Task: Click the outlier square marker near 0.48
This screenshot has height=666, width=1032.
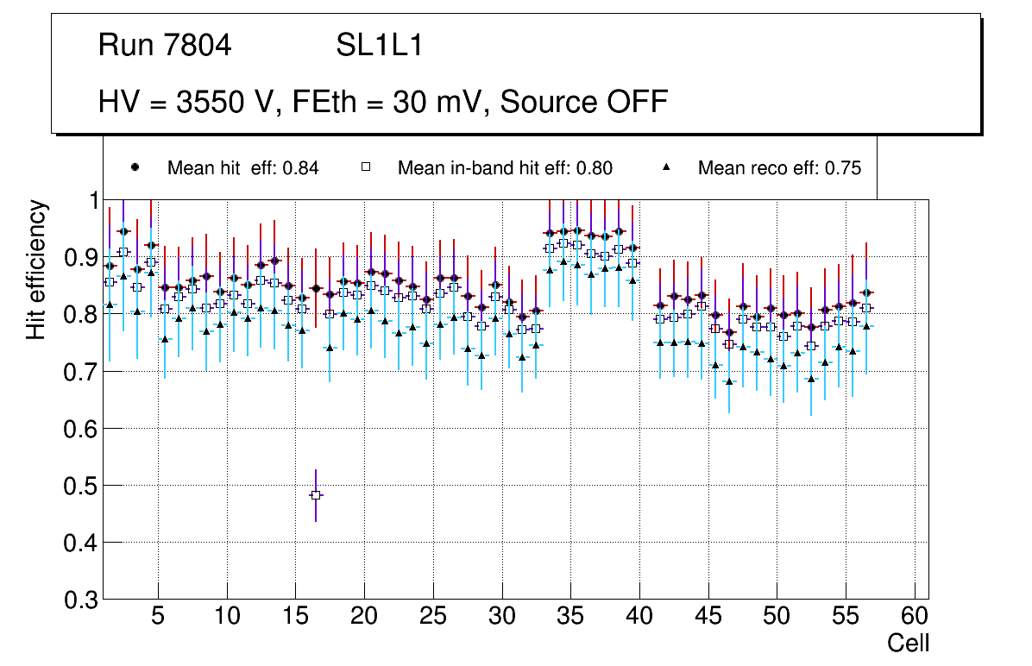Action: (x=316, y=495)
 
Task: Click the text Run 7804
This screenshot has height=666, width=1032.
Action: (x=165, y=46)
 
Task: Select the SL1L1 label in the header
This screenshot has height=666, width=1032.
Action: (x=379, y=46)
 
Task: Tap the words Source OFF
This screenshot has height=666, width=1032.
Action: (x=584, y=102)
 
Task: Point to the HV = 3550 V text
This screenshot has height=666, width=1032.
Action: (x=185, y=102)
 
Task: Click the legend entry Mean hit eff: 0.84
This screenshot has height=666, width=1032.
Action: (x=242, y=168)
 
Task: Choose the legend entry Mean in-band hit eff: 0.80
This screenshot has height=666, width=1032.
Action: (x=505, y=168)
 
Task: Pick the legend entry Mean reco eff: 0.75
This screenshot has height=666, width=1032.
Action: (x=779, y=168)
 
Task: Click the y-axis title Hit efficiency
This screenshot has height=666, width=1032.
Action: (x=36, y=269)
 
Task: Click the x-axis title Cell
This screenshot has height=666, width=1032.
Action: (x=909, y=644)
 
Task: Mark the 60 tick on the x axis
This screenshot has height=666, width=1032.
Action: (x=915, y=618)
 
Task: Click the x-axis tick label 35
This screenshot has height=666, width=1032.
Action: (x=570, y=618)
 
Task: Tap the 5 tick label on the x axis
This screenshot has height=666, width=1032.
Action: (x=158, y=618)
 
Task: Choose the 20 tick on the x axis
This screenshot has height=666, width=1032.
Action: (x=364, y=618)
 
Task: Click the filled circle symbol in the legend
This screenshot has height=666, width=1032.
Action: (x=134, y=167)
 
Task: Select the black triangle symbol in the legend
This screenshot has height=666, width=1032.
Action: (x=669, y=167)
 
